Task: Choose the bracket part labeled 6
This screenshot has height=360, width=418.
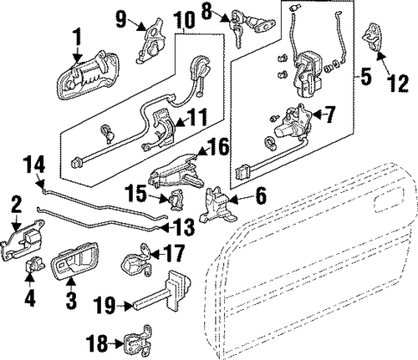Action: tap(216, 204)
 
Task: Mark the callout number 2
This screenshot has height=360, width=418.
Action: tap(16, 205)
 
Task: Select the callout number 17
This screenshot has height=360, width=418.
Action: tap(172, 254)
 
